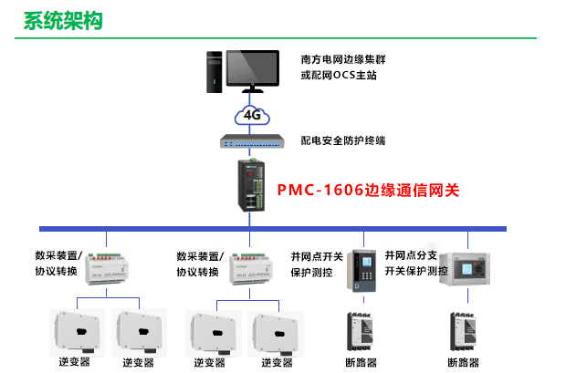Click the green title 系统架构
coord(62,21)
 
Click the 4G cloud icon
coord(252,115)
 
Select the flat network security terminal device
coord(253,141)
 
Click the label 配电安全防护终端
coord(343,141)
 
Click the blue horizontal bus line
coord(274,227)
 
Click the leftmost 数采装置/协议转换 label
coord(58,264)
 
